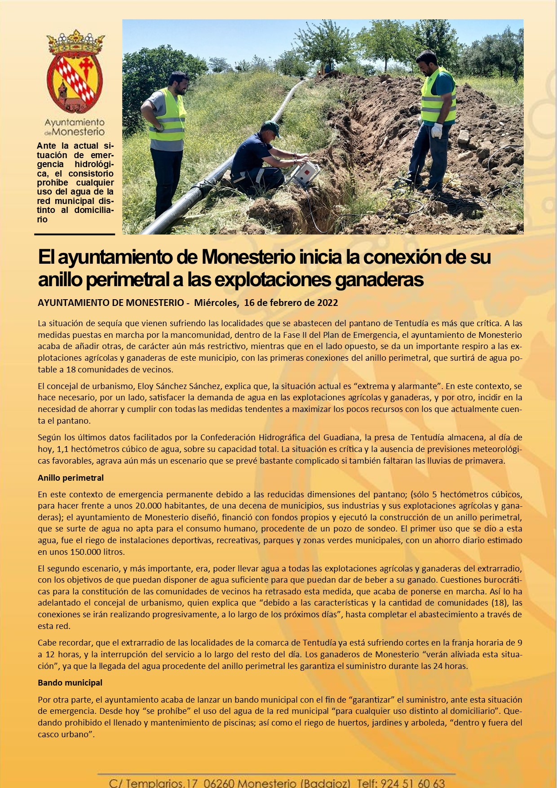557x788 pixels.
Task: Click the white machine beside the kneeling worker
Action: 305,173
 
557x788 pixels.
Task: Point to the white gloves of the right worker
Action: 437,131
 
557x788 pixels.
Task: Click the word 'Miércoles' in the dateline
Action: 216,303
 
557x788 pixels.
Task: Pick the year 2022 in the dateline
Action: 327,303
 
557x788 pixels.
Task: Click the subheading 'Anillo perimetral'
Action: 71,478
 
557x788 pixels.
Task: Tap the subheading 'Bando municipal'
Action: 70,682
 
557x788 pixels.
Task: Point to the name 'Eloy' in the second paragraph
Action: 146,386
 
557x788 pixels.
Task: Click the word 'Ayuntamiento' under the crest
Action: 75,122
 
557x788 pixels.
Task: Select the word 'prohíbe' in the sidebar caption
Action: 53,183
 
